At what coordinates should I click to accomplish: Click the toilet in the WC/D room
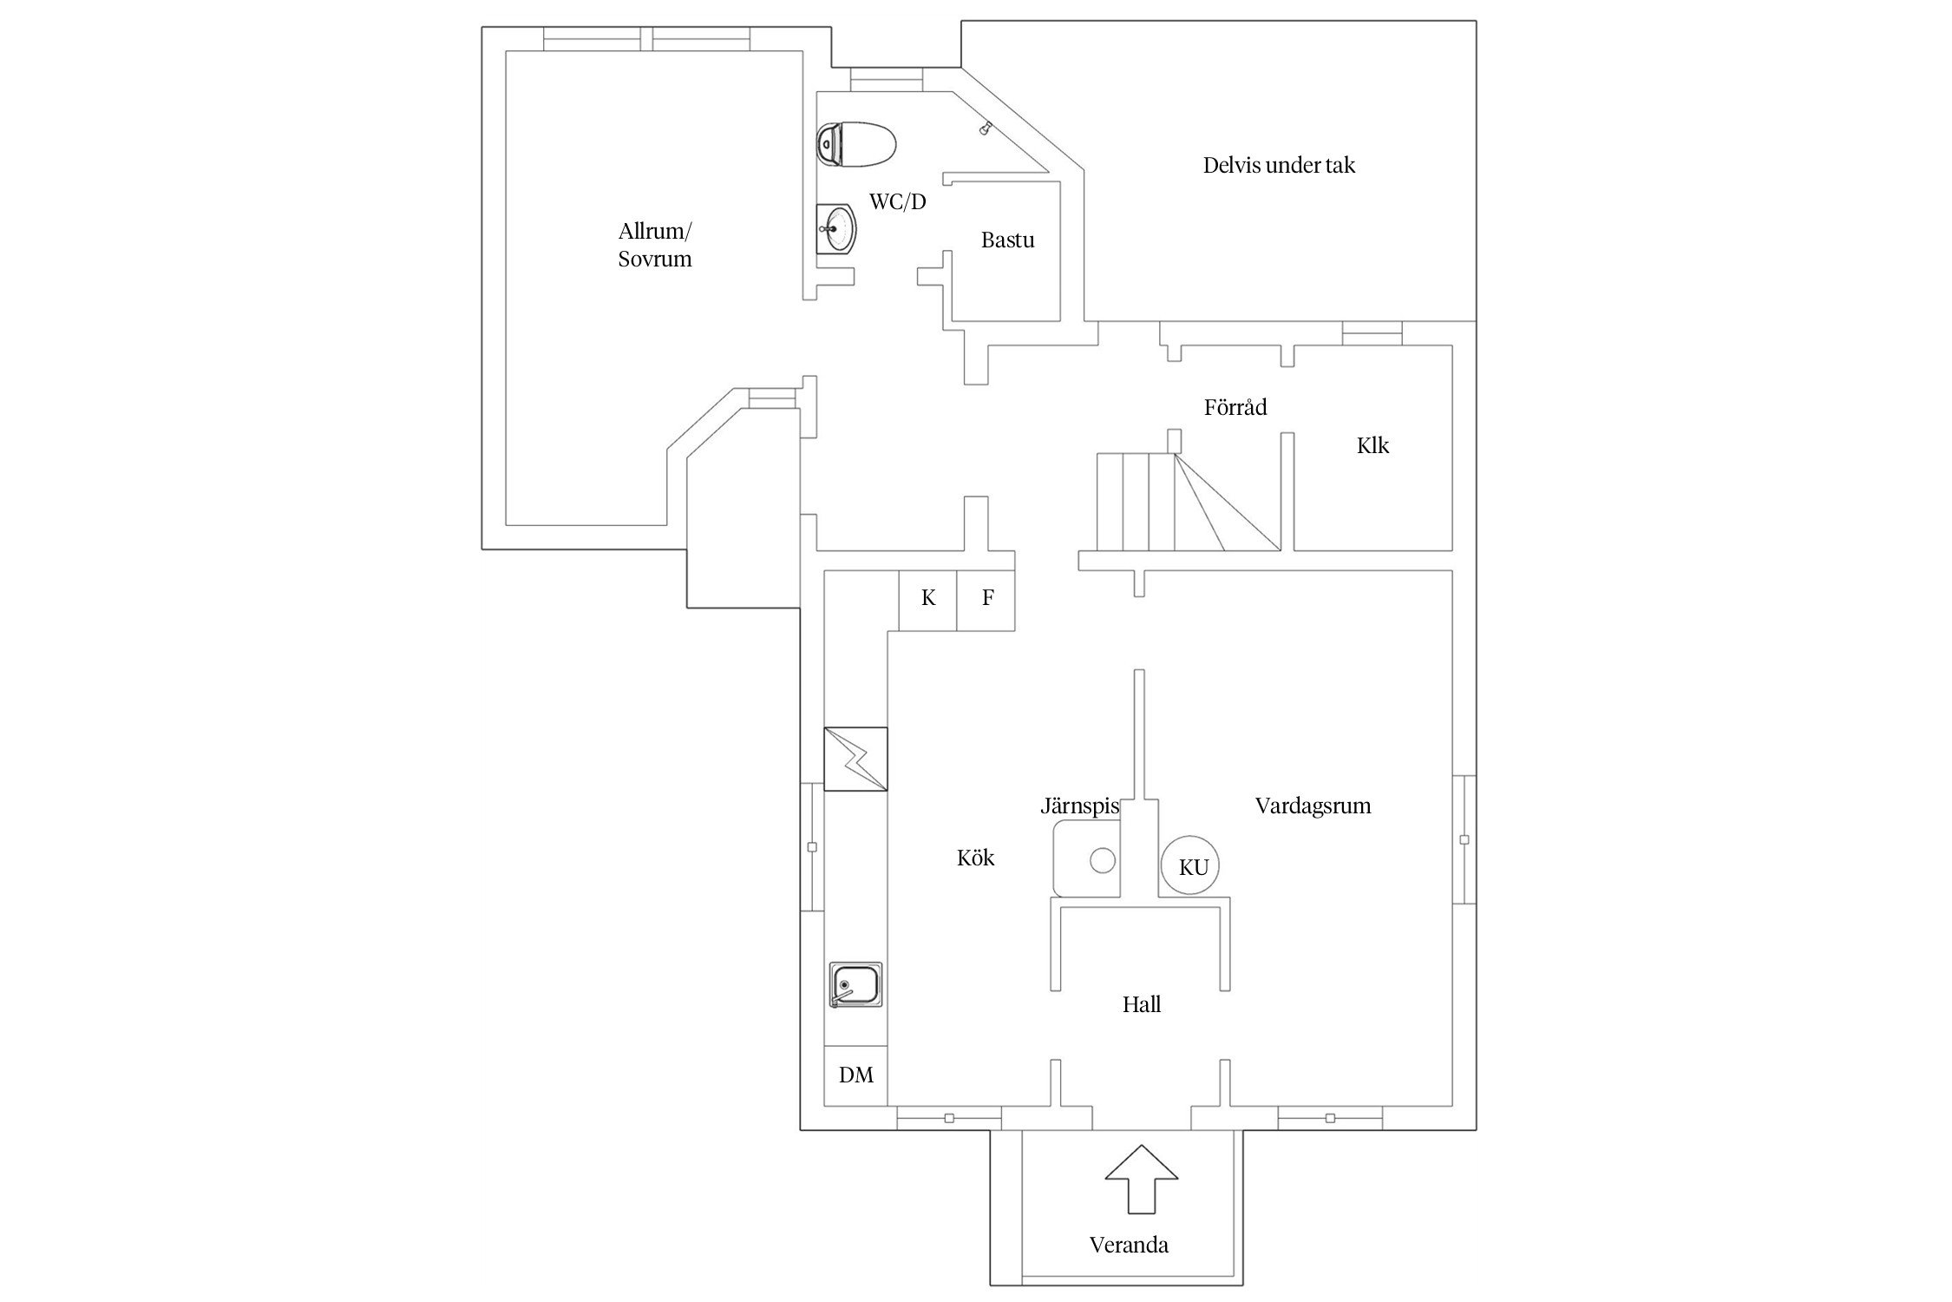point(855,144)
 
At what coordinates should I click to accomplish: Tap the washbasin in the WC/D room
point(836,229)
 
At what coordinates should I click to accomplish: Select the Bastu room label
point(1007,240)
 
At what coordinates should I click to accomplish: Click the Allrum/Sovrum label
point(655,245)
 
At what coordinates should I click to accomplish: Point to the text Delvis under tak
point(1279,166)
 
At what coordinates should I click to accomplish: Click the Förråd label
point(1235,407)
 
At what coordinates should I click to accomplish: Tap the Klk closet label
point(1372,446)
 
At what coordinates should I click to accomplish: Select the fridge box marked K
point(927,599)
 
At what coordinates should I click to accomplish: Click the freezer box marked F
point(986,599)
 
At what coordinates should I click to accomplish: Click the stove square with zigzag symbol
point(855,759)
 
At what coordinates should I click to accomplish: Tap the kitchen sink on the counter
point(855,984)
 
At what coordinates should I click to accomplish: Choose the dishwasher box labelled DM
point(855,1075)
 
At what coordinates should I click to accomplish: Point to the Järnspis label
point(1079,807)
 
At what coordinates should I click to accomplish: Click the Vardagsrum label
point(1313,806)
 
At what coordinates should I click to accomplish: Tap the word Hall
point(1141,1005)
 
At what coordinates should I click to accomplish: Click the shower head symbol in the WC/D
point(985,129)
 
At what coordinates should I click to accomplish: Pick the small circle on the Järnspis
point(1102,861)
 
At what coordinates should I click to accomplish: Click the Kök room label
point(975,858)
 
